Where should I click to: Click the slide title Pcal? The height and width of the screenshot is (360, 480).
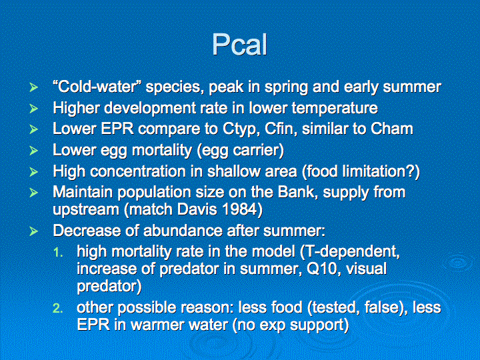coord(240,45)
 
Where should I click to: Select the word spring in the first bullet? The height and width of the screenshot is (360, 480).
coord(286,87)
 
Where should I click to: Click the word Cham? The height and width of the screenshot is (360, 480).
coord(392,129)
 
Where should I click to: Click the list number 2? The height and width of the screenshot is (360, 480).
coord(57,308)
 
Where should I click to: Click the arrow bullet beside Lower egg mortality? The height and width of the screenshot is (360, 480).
coord(33,151)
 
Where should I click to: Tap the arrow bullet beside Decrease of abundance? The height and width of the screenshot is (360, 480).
coord(33,231)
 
